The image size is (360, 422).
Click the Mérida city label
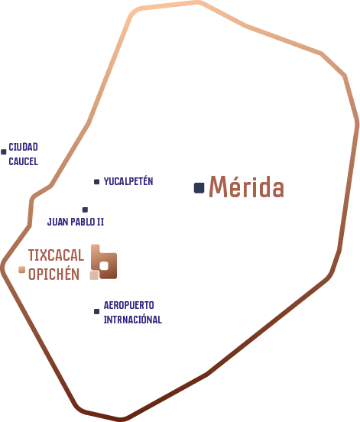pos(246,187)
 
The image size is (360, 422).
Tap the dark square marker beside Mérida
pos(199,188)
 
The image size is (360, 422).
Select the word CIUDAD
pos(23,147)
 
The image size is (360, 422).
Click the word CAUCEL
pos(24,161)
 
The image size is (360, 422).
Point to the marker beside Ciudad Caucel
pos(4,152)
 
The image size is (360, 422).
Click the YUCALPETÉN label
pos(128,181)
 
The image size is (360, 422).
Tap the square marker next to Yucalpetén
pos(96,182)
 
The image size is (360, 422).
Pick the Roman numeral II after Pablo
pos(100,222)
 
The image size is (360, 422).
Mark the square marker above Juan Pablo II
pos(85,209)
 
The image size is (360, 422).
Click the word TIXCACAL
pos(56,255)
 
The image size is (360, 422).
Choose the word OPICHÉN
pos(54,274)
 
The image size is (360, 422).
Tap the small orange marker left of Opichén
pos(22,269)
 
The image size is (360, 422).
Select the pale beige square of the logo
pos(94,275)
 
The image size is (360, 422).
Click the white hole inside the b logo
pos(104,266)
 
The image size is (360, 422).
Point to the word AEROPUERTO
pos(129,305)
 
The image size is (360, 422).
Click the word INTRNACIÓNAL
pos(133,320)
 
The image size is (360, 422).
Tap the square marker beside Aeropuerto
pos(96,311)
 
